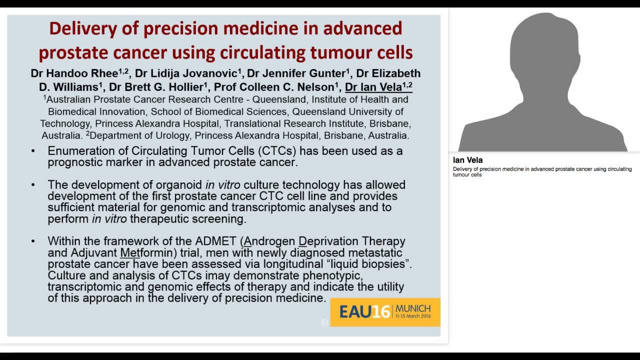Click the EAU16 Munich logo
click(x=384, y=312)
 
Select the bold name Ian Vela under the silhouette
click(x=467, y=160)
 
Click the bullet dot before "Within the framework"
click(x=33, y=241)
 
